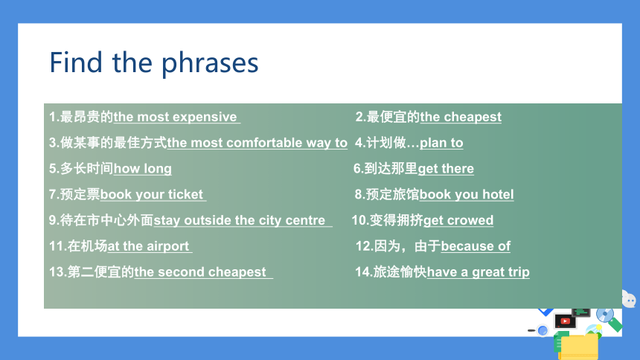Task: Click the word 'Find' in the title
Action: click(75, 62)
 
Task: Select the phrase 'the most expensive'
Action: click(175, 117)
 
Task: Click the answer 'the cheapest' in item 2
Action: click(461, 117)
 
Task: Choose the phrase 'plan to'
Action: click(441, 143)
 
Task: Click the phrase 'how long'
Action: click(142, 169)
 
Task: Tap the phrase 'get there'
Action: click(446, 169)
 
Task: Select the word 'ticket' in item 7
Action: click(185, 194)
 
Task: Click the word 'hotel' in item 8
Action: click(498, 194)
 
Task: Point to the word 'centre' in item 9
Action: click(305, 220)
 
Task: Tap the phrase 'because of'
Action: click(476, 246)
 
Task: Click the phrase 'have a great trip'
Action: click(478, 272)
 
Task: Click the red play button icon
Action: click(565, 321)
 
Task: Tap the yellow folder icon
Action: click(580, 347)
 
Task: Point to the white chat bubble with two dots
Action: click(629, 300)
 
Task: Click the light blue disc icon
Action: click(604, 315)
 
